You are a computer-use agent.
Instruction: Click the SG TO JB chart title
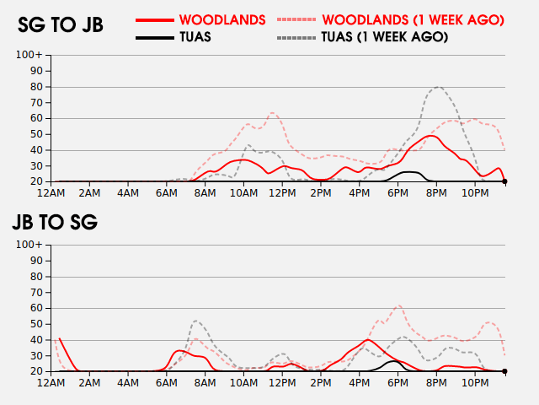point(61,25)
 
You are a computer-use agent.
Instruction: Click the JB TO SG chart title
point(55,223)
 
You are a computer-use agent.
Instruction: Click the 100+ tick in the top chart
point(29,56)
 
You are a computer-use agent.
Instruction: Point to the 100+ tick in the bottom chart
point(29,245)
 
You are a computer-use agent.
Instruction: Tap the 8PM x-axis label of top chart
point(437,193)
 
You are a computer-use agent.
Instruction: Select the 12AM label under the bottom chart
point(52,382)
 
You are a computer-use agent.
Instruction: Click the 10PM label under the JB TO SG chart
point(475,382)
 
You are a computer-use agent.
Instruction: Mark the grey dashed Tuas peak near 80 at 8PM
point(438,87)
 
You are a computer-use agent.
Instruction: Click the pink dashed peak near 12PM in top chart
point(273,113)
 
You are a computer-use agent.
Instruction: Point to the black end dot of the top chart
point(504,181)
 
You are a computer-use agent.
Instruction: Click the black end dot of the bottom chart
point(504,371)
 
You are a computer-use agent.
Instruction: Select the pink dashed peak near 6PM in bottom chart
point(398,306)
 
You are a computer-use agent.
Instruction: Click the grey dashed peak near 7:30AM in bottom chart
point(196,321)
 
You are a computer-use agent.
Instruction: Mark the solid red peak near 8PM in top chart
point(431,136)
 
